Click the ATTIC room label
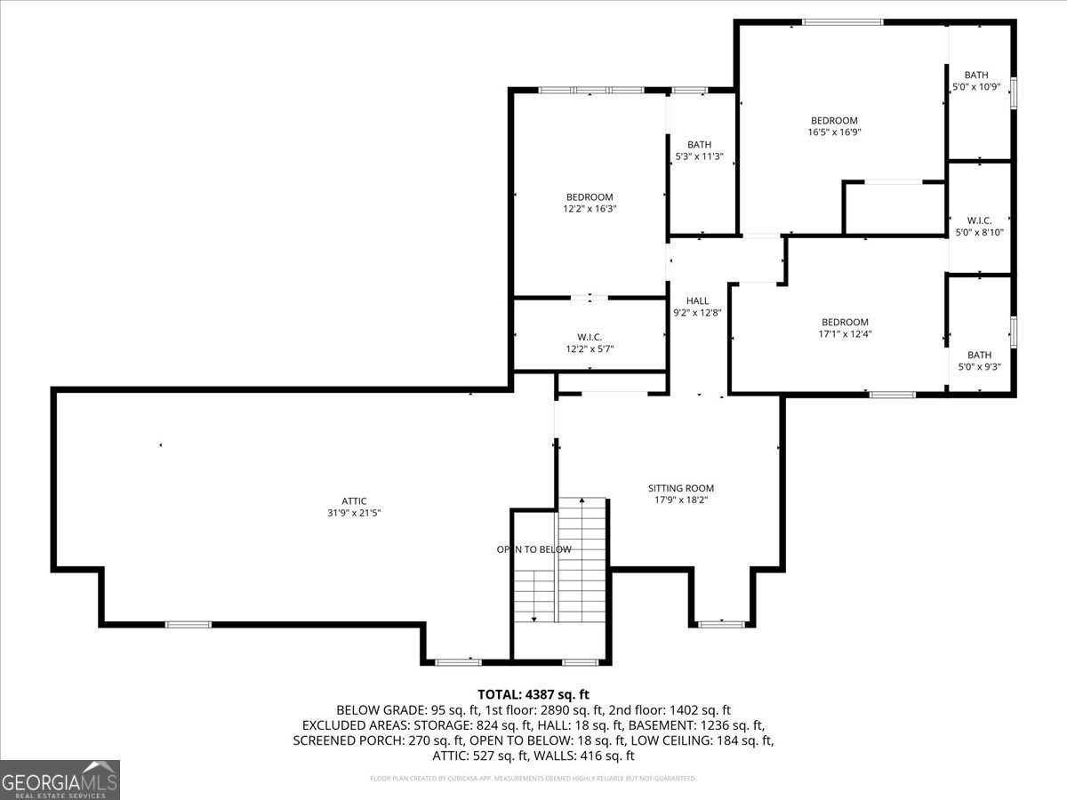[354, 501]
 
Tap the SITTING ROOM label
[680, 488]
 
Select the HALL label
[697, 301]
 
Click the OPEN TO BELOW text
[533, 549]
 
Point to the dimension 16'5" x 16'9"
[834, 132]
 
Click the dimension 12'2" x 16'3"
[590, 209]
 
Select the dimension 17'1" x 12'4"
[845, 334]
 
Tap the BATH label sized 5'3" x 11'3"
[699, 145]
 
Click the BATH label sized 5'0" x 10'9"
[976, 76]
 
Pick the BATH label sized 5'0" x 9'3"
[979, 355]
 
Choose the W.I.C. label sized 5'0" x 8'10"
[979, 220]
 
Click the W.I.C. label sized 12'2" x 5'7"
[590, 337]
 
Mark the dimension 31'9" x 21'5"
[354, 513]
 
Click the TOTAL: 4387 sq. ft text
[533, 694]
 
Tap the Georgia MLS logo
[60, 780]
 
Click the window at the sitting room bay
[721, 624]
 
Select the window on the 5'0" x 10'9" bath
[1013, 93]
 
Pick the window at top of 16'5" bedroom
[841, 22]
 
